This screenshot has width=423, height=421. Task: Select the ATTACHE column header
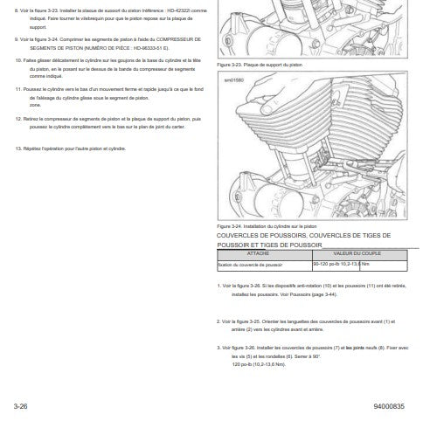(259, 253)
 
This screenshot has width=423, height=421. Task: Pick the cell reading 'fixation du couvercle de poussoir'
(251, 262)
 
